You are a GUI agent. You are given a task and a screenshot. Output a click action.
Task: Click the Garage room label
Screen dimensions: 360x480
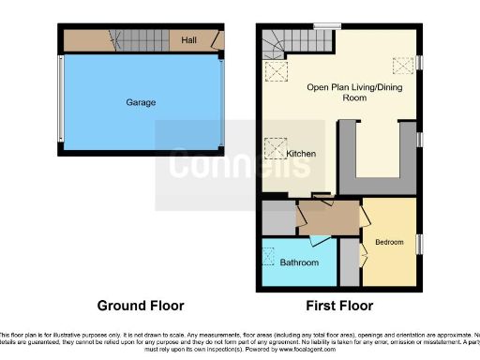(141, 102)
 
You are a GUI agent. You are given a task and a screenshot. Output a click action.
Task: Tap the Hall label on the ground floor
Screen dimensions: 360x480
(188, 40)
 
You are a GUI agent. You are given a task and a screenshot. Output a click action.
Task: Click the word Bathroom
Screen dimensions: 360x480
(299, 262)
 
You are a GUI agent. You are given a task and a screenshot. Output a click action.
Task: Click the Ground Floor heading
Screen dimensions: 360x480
(142, 306)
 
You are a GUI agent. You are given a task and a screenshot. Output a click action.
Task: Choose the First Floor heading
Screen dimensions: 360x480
(339, 306)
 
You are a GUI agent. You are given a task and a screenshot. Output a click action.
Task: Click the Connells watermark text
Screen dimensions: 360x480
(239, 165)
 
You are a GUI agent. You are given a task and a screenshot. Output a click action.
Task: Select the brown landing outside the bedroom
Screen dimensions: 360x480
(325, 219)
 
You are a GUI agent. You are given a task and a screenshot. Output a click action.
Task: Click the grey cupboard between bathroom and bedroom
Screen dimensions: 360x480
(349, 263)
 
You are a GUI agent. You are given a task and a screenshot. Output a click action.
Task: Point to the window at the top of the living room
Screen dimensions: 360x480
(326, 25)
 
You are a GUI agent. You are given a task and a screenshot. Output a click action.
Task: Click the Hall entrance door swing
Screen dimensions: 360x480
(217, 40)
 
